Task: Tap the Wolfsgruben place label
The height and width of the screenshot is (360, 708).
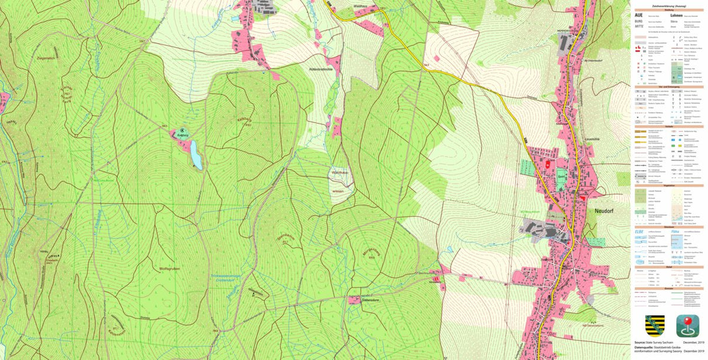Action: (169, 269)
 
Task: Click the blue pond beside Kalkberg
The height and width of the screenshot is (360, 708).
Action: (195, 156)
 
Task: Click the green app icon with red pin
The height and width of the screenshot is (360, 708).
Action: (687, 326)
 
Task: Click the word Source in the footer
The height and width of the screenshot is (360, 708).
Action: (639, 342)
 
